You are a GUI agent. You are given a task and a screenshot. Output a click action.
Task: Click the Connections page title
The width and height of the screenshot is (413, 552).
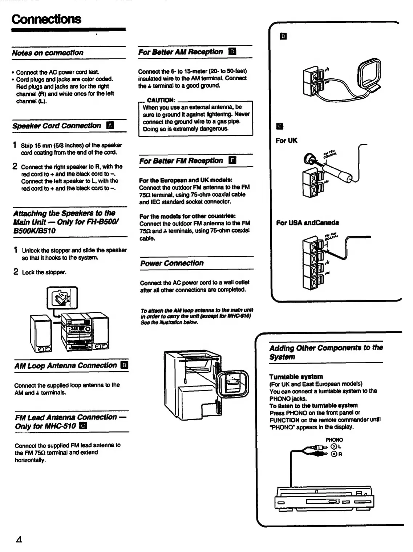[46, 19]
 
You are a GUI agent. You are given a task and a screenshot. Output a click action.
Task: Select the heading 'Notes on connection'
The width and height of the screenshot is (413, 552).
[48, 53]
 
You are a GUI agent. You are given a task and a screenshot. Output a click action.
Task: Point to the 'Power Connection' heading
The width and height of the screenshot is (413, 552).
[172, 263]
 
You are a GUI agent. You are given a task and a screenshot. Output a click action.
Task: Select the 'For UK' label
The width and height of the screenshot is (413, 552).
[286, 140]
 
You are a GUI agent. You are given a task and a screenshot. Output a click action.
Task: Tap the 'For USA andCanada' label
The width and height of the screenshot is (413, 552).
[307, 222]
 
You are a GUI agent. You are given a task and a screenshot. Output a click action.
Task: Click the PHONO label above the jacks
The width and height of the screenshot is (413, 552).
[334, 439]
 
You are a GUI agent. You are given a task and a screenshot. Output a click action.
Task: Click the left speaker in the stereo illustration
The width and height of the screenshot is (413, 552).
[41, 333]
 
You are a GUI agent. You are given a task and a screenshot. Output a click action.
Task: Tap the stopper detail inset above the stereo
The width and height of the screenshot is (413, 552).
[62, 298]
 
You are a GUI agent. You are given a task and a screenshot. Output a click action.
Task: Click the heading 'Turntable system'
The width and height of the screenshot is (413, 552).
[296, 376]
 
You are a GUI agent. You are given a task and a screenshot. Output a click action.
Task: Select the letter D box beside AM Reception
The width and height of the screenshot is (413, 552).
[232, 52]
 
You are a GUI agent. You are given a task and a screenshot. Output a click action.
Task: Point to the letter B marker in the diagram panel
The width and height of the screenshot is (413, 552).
[283, 36]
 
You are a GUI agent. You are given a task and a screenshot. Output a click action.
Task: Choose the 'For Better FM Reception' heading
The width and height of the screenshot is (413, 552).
[181, 161]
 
